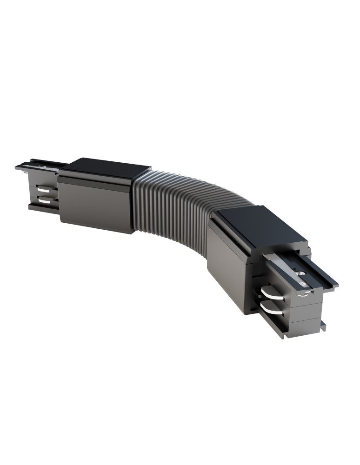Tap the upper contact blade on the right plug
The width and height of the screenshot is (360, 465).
pos(270,292)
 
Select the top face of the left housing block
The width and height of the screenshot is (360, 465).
pos(105,169)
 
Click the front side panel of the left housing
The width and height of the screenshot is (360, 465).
pos(95,205)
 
